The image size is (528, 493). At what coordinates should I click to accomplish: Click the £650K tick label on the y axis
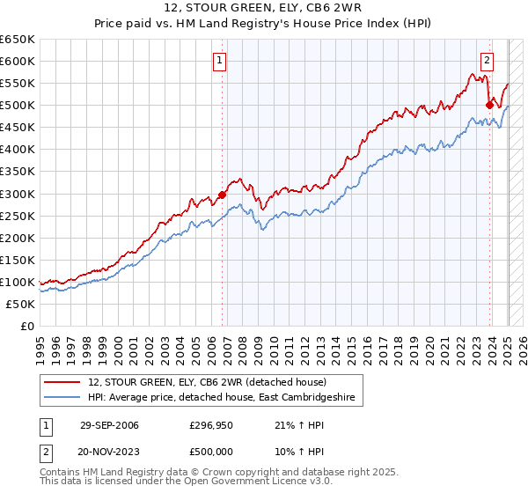pyautogui.click(x=17, y=40)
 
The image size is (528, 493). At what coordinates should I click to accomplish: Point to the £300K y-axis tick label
pyautogui.click(x=17, y=194)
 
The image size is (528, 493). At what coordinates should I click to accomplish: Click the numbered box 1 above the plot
pyautogui.click(x=218, y=61)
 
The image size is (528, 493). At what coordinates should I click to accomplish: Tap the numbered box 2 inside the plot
pyautogui.click(x=487, y=61)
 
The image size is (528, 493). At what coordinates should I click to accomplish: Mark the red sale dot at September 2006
pyautogui.click(x=222, y=195)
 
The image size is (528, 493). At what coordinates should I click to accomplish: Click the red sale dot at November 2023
pyautogui.click(x=489, y=105)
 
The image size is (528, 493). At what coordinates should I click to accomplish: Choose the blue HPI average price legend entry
pyautogui.click(x=221, y=398)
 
